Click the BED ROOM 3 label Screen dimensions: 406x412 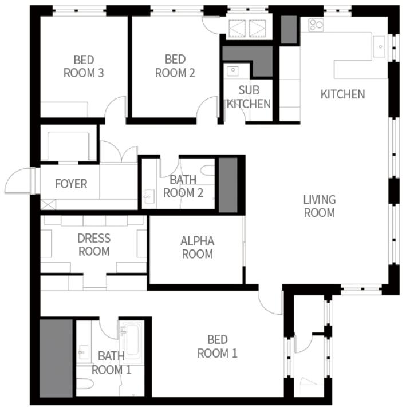pyautogui.click(x=84, y=66)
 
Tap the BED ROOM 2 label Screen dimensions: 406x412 pyautogui.click(x=175, y=66)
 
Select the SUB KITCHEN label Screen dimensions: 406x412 pyautogui.click(x=249, y=97)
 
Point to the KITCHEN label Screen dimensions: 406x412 pyautogui.click(x=342, y=94)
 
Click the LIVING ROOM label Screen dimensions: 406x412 pyautogui.click(x=320, y=206)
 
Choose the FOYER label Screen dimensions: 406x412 pyautogui.click(x=71, y=184)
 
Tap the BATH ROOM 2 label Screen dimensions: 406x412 pyautogui.click(x=183, y=187)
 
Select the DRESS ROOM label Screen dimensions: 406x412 pyautogui.click(x=94, y=245)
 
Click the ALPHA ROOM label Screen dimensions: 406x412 pyautogui.click(x=197, y=248)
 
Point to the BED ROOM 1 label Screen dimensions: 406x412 pyautogui.click(x=217, y=347)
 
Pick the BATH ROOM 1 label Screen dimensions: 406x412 pyautogui.click(x=111, y=363)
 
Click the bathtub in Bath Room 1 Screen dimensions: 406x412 pyautogui.click(x=132, y=339)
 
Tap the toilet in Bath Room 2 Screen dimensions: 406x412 pyautogui.click(x=208, y=171)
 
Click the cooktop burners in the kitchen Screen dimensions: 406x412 pyautogui.click(x=316, y=25)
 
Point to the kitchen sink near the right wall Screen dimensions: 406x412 pyautogui.click(x=379, y=47)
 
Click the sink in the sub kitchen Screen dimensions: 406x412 pyautogui.click(x=232, y=71)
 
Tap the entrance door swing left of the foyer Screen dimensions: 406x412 pyautogui.click(x=17, y=181)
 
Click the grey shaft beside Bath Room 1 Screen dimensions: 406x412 pyautogui.click(x=56, y=358)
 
